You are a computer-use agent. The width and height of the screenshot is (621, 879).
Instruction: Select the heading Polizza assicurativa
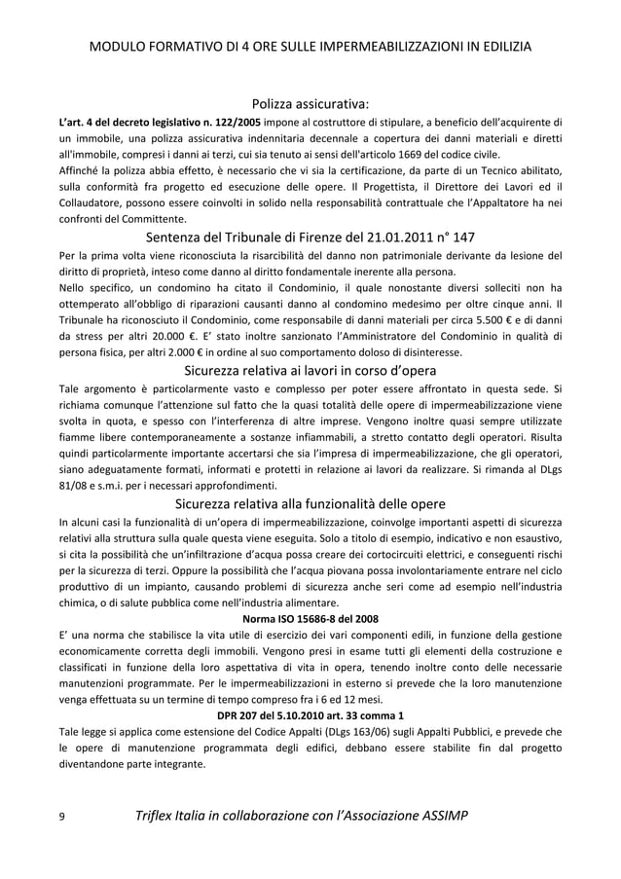[310, 104]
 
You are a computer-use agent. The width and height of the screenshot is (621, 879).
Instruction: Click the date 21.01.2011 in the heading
[377, 238]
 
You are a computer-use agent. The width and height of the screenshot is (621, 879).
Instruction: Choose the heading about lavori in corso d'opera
[310, 371]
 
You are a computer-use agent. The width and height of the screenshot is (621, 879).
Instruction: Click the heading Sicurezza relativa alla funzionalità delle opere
[310, 504]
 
